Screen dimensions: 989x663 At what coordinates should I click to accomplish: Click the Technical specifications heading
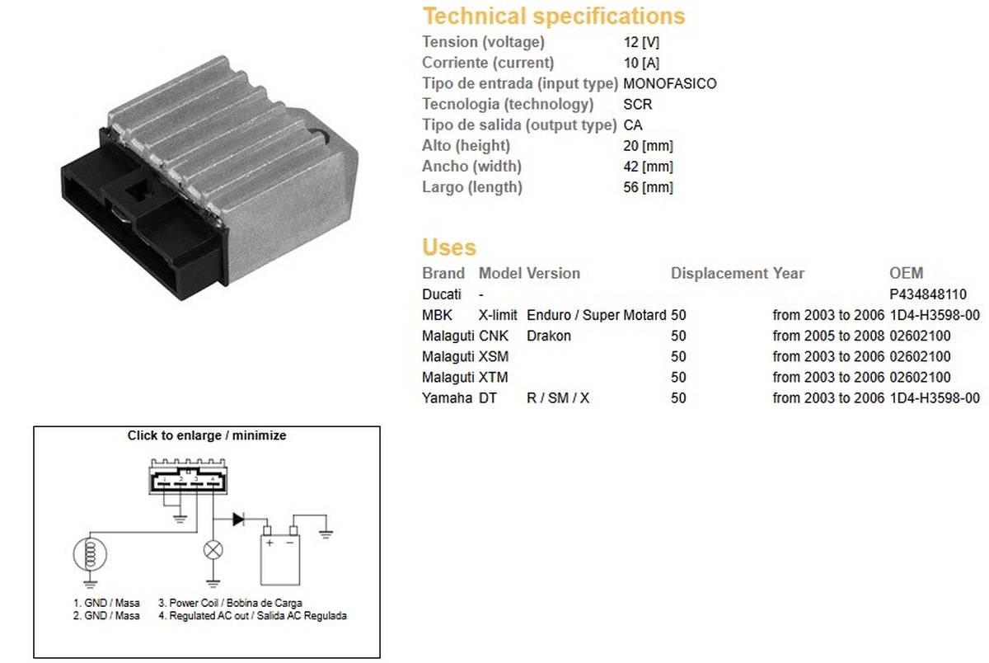coord(554,16)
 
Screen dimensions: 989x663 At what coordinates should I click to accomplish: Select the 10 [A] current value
coord(641,63)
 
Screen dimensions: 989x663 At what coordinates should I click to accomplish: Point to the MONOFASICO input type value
coord(670,83)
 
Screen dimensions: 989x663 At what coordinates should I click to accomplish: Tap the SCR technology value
coord(638,104)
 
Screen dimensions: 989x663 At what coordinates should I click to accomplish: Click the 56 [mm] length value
coord(648,187)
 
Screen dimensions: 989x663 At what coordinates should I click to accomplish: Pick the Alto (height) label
coord(466,145)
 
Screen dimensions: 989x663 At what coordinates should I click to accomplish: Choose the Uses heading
coord(449,247)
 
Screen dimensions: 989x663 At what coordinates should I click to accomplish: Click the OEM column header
coord(906,273)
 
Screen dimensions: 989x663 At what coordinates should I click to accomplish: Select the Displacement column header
coord(719,274)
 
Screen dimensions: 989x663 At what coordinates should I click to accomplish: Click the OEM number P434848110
coord(928,294)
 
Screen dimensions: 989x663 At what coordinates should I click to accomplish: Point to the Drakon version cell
coord(549,336)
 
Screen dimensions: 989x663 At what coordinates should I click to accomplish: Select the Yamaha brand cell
coord(447,398)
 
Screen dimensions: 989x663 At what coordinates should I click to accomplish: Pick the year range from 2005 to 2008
coord(828,336)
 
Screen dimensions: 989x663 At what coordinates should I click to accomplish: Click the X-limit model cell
coord(498,315)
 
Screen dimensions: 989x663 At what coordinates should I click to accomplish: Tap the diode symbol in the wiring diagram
coord(238,519)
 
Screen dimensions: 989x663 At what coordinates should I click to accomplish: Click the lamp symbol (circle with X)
coord(213,550)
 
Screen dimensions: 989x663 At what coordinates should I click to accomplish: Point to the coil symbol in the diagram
coord(90,554)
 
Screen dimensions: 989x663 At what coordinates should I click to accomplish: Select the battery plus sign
coord(270,543)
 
